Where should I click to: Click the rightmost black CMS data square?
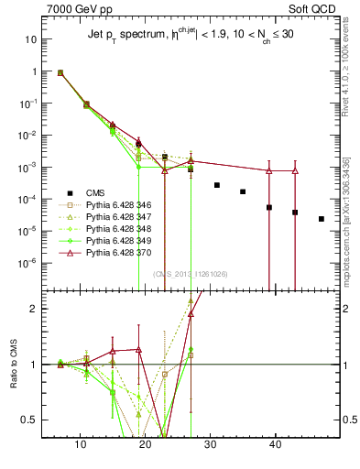pos(322,219)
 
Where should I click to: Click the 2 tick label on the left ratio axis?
pos(31,309)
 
